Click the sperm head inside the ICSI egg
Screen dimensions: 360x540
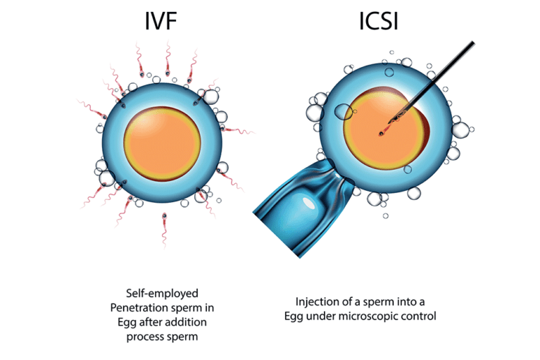(384, 130)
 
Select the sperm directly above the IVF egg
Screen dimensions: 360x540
(168, 59)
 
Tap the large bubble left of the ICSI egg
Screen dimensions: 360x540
(343, 111)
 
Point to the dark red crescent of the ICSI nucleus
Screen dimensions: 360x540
(427, 130)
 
